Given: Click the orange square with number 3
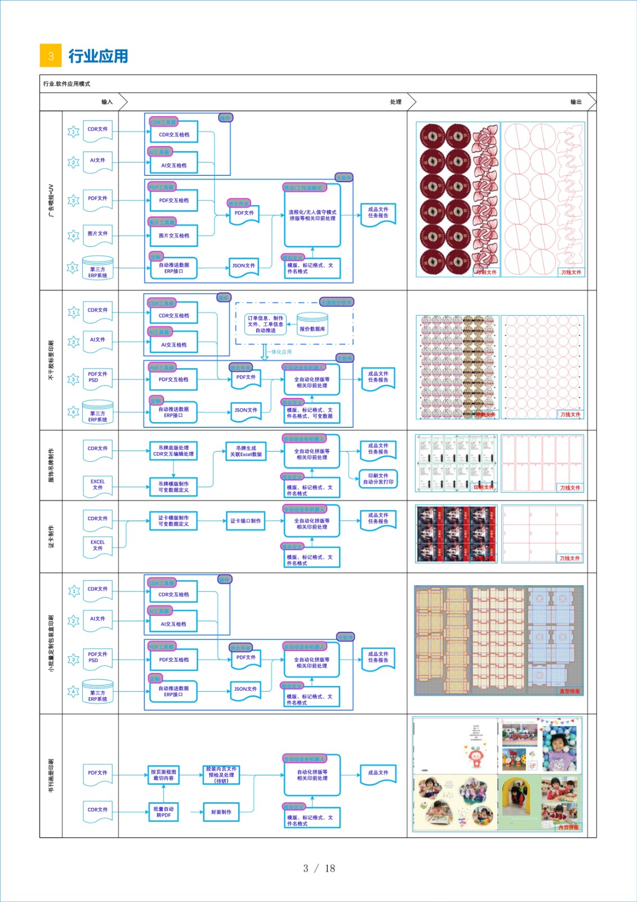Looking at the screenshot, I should (x=51, y=56).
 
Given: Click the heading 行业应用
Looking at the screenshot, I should (x=98, y=56).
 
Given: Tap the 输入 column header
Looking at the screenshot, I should (x=107, y=102).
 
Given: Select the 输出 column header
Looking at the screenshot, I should (x=576, y=102).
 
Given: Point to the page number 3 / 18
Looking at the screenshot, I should (x=319, y=868).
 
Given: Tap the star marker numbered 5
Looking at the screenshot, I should (x=73, y=268).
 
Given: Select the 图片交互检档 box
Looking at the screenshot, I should (x=174, y=236).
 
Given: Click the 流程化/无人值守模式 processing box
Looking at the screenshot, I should (x=312, y=215).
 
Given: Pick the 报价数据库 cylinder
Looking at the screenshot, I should (x=312, y=327).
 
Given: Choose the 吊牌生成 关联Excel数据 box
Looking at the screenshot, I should (x=246, y=451).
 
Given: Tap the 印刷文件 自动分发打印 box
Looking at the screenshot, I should (x=378, y=479).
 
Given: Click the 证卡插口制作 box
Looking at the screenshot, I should (x=246, y=521).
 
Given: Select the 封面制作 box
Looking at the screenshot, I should (x=221, y=812).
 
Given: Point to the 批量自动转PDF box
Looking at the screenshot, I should (x=163, y=812).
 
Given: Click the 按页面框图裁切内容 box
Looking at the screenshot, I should (x=163, y=775).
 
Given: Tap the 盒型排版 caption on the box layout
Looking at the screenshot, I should (x=569, y=691).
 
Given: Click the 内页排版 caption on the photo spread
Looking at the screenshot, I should (x=568, y=828).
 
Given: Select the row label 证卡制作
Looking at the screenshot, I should (x=51, y=537).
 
